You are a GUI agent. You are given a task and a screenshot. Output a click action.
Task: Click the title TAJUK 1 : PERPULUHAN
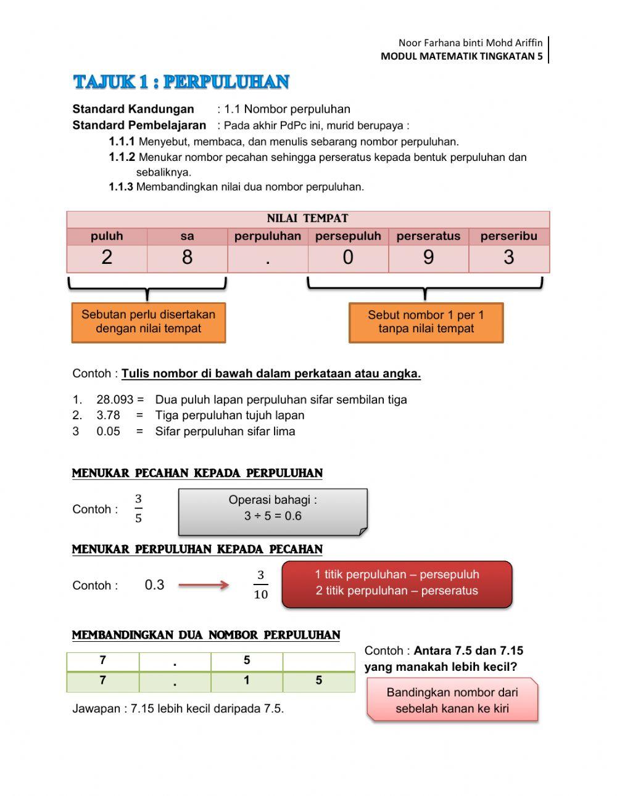181,82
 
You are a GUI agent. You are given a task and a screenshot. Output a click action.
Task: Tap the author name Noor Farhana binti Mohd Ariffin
470,43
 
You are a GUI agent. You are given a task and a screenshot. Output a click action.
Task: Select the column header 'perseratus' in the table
428,236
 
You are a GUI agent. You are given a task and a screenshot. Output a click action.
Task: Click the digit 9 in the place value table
428,258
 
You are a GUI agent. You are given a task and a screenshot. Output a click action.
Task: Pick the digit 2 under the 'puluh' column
107,258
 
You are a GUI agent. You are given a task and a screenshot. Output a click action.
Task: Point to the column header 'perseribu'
508,236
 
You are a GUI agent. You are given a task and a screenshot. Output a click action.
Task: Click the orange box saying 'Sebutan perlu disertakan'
149,322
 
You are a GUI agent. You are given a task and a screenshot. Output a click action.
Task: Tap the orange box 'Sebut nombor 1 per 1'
426,322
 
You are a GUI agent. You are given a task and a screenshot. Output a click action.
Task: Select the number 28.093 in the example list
115,400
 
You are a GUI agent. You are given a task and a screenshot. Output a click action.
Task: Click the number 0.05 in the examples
109,432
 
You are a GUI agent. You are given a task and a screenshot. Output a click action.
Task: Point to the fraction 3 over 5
138,509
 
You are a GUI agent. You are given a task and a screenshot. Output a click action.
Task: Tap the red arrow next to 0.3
204,585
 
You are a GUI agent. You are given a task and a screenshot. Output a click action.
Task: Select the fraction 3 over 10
260,585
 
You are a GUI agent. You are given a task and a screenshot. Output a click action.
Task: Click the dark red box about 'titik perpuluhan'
397,583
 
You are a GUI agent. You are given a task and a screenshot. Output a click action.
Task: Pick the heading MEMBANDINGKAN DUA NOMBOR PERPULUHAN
206,635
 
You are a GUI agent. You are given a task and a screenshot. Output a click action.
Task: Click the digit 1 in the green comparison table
247,681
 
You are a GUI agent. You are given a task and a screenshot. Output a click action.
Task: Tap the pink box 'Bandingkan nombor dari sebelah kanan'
452,700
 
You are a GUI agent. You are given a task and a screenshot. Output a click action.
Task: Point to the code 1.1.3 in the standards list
121,187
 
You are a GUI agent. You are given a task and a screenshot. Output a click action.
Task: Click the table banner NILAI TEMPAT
307,219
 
